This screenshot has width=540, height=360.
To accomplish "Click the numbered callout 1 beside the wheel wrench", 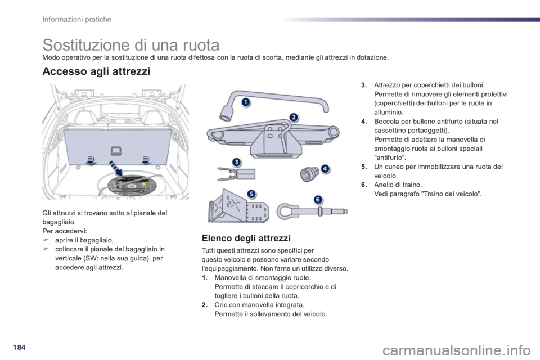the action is (246, 102).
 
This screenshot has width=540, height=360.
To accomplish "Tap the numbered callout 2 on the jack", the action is (294, 118).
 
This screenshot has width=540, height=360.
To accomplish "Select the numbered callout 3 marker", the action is (236, 162).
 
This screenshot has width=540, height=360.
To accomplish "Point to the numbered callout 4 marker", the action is (325, 169).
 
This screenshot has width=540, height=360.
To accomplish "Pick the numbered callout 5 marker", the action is (252, 194).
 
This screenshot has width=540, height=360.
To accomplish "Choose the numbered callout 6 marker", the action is (318, 200).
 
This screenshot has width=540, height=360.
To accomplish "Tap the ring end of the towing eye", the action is (286, 211).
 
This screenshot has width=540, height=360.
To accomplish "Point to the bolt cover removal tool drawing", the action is (237, 174).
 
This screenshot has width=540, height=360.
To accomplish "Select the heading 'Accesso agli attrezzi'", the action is (96, 71).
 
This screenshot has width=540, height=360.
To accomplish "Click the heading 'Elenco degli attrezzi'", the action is (246, 238).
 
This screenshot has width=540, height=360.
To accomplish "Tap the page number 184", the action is (19, 347).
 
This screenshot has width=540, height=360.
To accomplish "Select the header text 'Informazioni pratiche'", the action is (77, 19).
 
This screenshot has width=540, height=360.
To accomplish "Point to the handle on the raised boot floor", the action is (116, 151).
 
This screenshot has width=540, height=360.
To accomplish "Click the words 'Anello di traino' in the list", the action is (398, 184).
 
